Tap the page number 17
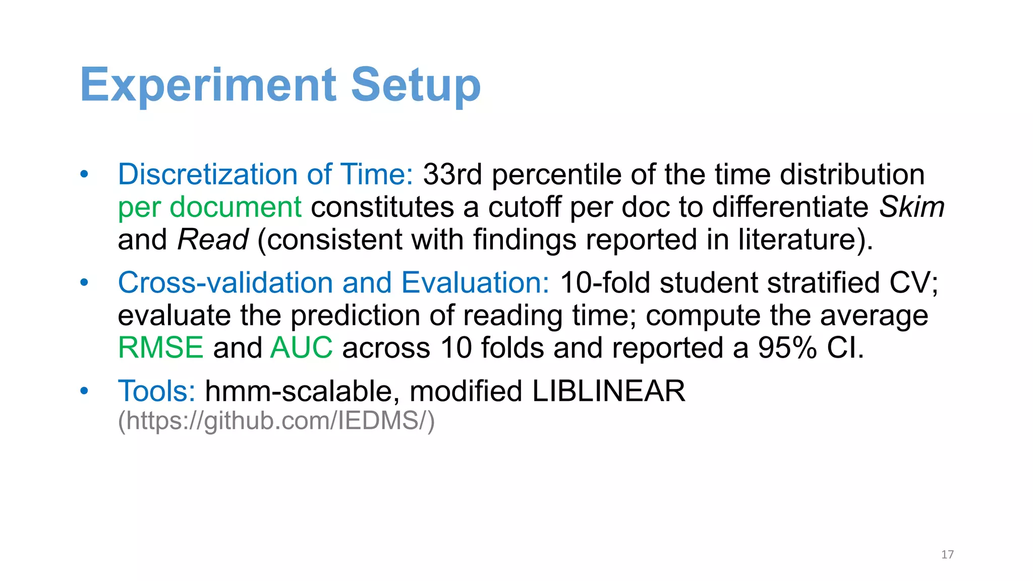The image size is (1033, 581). click(947, 555)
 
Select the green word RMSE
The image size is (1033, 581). click(160, 348)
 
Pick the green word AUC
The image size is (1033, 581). click(301, 348)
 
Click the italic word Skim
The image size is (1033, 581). click(912, 207)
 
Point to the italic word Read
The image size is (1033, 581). click(213, 240)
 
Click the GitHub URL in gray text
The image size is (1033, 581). click(276, 421)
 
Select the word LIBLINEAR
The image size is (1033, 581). click(608, 391)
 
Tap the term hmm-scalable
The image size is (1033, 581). click(299, 391)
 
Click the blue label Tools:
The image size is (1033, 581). click(156, 391)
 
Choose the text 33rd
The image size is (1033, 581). click(452, 175)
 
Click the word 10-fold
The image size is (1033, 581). click(605, 282)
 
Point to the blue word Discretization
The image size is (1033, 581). click(208, 175)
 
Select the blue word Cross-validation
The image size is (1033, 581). click(225, 282)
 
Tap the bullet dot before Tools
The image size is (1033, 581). click(84, 391)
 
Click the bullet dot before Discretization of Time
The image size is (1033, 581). click(84, 175)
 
